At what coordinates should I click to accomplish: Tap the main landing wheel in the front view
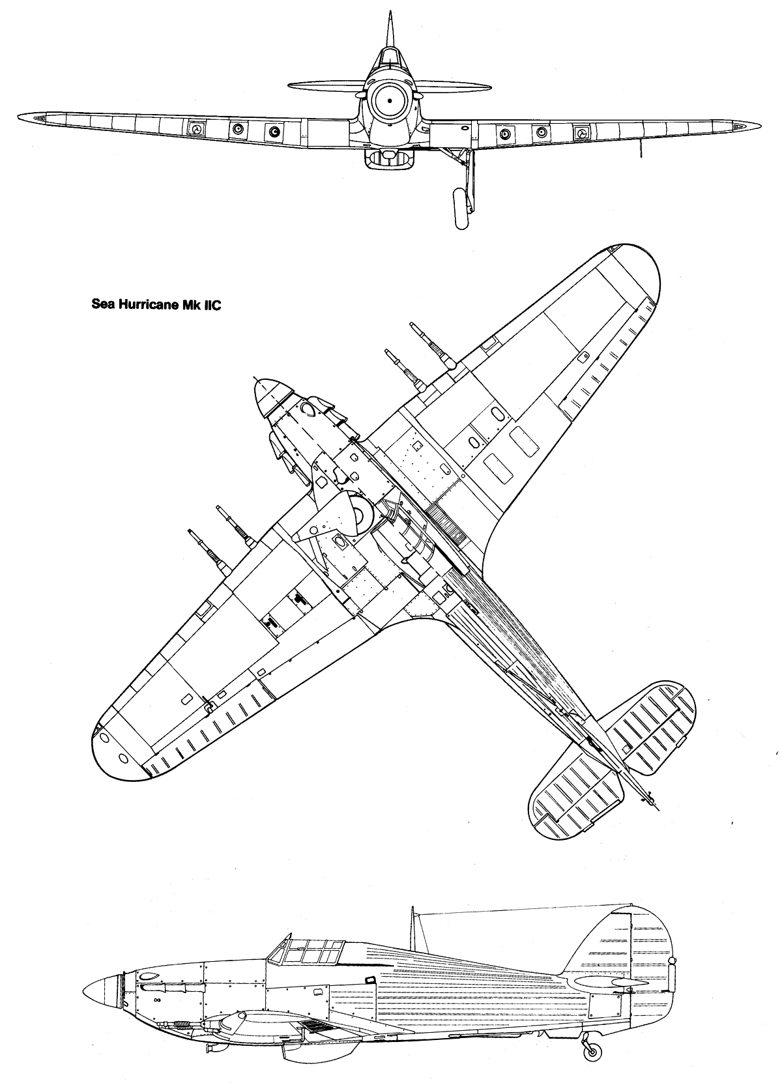click(460, 209)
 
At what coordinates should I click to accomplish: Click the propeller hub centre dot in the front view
click(389, 101)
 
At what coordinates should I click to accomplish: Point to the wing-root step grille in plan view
click(446, 522)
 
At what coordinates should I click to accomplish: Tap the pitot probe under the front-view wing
click(641, 149)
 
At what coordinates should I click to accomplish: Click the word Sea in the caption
click(101, 306)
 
